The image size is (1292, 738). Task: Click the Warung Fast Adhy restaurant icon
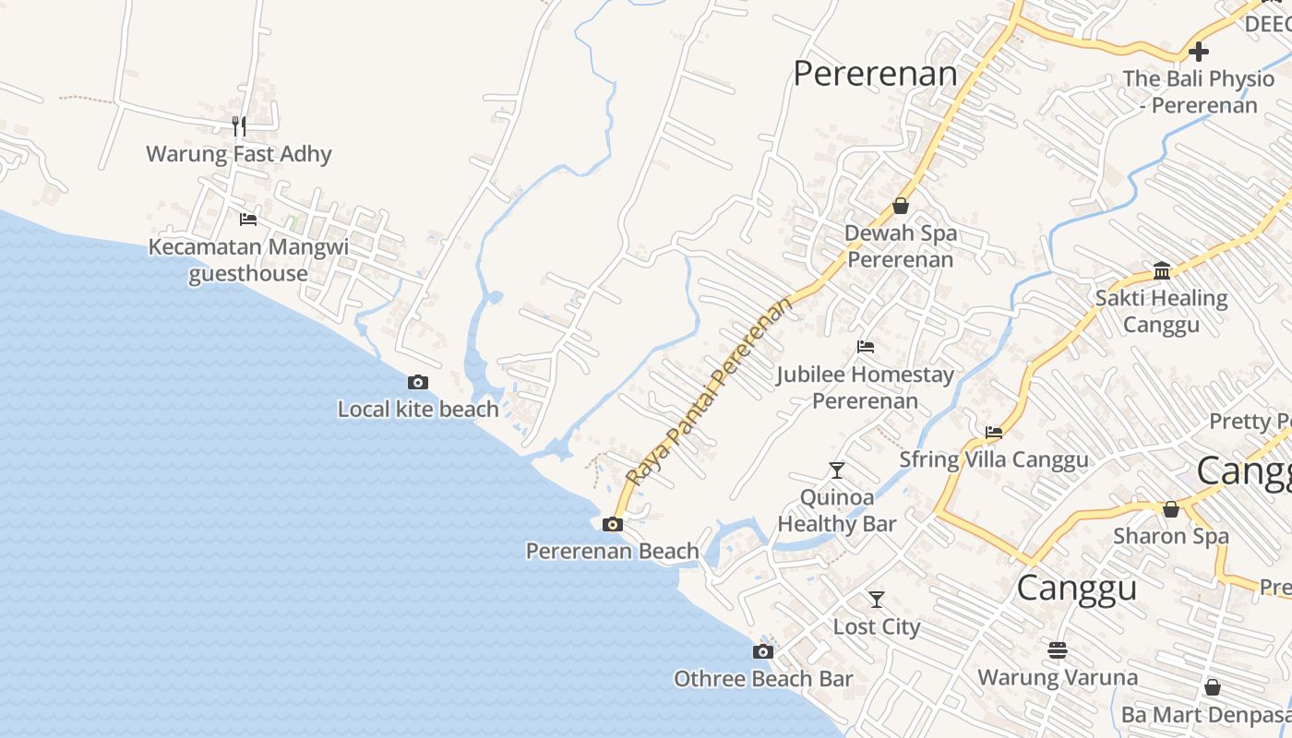tap(239, 126)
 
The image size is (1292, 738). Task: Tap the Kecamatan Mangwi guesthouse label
tap(248, 260)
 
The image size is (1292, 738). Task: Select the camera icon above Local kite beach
tap(418, 382)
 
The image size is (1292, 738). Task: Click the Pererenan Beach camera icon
tap(612, 525)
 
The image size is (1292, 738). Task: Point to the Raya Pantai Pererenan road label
tap(708, 391)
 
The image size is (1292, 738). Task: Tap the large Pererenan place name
tap(875, 74)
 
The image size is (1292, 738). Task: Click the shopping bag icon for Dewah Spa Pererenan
tap(900, 206)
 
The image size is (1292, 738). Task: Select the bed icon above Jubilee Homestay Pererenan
tap(866, 347)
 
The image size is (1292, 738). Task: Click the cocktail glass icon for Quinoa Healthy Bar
tap(837, 470)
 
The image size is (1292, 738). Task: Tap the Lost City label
tap(877, 627)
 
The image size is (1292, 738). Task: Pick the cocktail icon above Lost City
tap(877, 600)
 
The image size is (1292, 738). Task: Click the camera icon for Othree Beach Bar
tap(762, 652)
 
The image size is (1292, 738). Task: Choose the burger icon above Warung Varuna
tap(1058, 650)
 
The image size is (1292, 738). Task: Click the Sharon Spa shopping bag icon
tap(1171, 508)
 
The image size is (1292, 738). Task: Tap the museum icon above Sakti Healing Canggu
tap(1162, 271)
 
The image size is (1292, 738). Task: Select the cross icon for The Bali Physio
tap(1199, 52)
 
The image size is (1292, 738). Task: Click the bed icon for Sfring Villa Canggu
tap(994, 432)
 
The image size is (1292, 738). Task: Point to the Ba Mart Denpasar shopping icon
tap(1213, 687)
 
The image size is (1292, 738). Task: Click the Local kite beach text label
tap(418, 410)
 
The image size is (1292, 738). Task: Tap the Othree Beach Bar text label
tap(763, 680)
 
